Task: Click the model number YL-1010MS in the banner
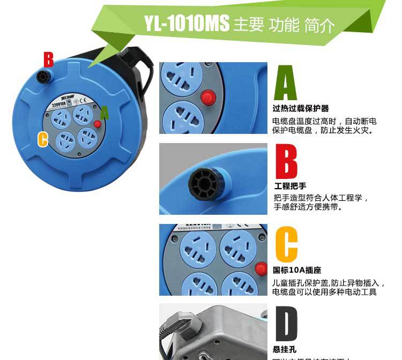coord(186,24)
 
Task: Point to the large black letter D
coord(286,324)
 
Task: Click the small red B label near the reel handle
coord(48,59)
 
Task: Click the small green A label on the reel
coord(104,112)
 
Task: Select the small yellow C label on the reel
coord(43,139)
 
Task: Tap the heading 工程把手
coord(290,186)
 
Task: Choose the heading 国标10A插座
coord(297,271)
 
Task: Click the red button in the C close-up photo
coord(261,269)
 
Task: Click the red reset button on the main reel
coord(98,124)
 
